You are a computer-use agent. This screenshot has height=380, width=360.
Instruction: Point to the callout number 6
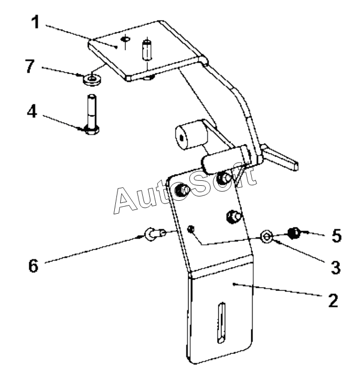click(x=34, y=266)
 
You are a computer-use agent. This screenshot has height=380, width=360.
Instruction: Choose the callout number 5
click(x=336, y=235)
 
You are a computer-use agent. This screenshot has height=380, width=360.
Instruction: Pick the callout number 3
click(x=335, y=267)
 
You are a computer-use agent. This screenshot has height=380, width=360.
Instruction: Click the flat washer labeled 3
click(x=267, y=236)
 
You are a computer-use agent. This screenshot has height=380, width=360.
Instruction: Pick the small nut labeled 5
click(x=294, y=233)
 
